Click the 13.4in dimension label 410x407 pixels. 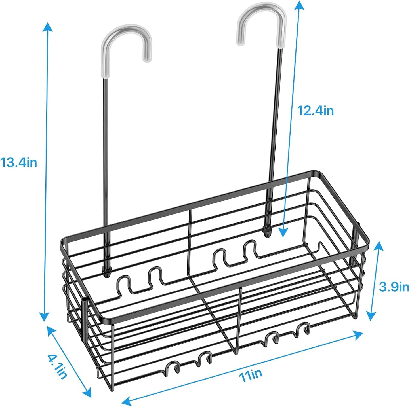(19, 163)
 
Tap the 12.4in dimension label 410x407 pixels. (315, 111)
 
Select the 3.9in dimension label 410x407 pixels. (394, 287)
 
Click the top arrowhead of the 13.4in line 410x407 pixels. (47, 27)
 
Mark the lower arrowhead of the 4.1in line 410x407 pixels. (87, 394)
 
